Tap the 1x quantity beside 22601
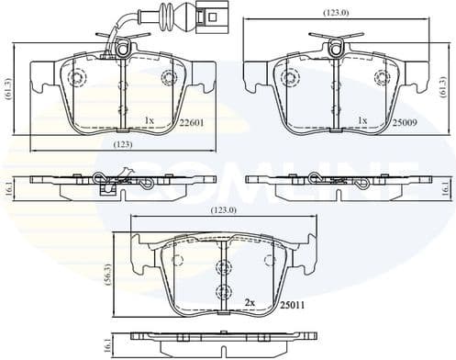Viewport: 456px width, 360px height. (x=150, y=120)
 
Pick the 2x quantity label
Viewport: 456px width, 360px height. (x=249, y=301)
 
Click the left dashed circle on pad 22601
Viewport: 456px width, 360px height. (x=76, y=77)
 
